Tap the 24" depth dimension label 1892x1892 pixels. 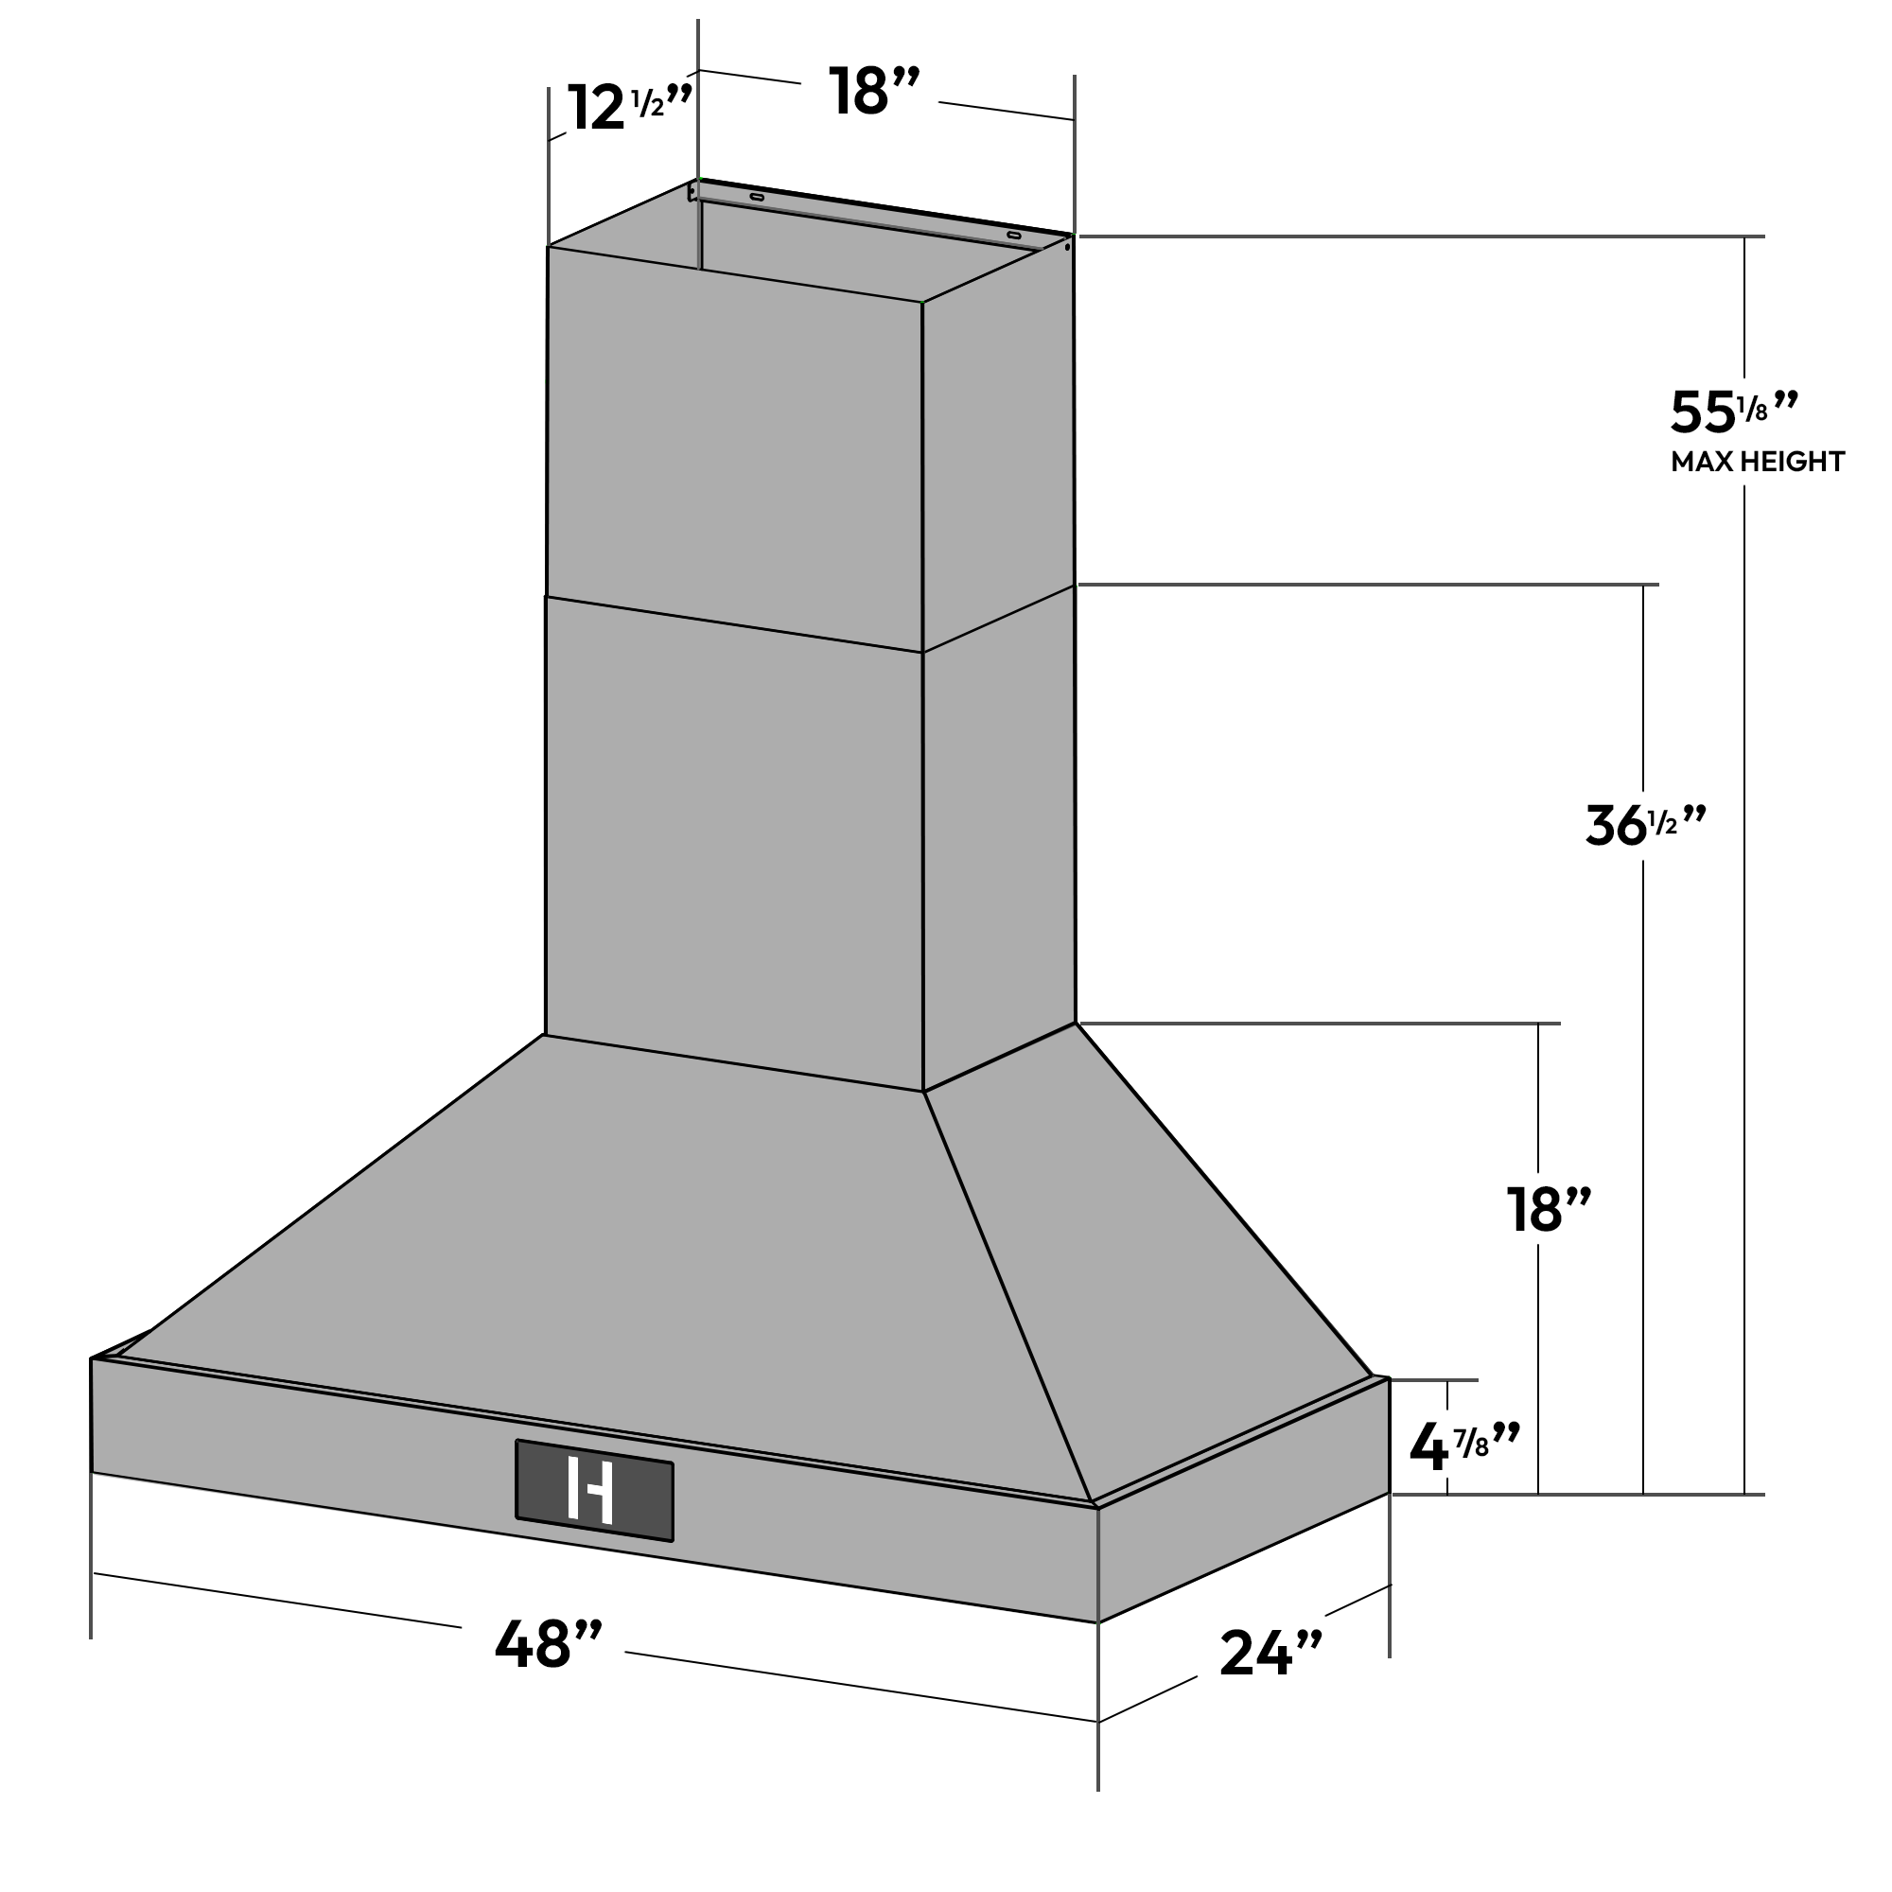tap(1270, 1654)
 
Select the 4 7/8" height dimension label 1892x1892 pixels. tap(1463, 1448)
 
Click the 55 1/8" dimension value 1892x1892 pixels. tap(1733, 412)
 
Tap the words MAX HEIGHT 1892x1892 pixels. tap(1757, 463)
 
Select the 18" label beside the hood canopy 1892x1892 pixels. tap(1549, 1211)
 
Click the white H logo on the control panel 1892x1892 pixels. tap(590, 1491)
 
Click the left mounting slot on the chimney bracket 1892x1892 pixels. tap(757, 197)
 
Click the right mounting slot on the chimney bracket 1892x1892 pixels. tap(1013, 235)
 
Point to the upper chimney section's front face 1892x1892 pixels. tap(734, 441)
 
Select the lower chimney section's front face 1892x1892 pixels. tap(734, 842)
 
